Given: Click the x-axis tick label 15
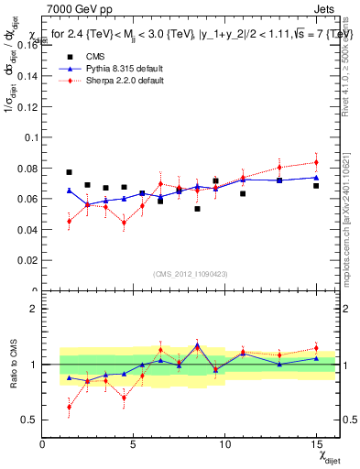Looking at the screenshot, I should click(315, 445).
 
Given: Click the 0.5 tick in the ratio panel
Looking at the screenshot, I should click(28, 420).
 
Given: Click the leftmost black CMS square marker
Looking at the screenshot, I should click(69, 172).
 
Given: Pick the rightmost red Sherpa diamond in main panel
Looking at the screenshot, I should click(316, 162).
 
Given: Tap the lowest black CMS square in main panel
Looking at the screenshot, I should click(197, 209).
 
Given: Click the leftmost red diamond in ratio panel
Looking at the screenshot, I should click(69, 407).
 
